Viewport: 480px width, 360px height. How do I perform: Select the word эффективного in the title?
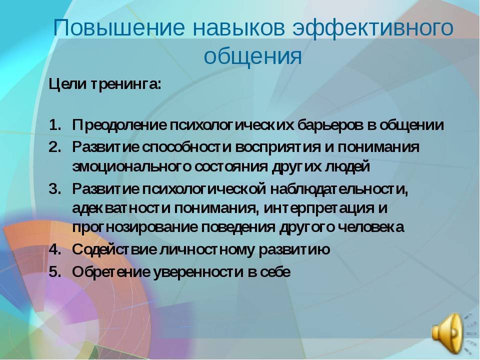pos(373,28)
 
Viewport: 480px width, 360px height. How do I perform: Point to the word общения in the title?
pos(253,56)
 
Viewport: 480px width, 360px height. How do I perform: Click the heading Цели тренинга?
pos(105,84)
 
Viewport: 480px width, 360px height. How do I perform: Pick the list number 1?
pos(55,125)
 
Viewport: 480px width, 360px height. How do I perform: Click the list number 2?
pos(55,147)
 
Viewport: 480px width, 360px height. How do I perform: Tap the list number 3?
pos(55,188)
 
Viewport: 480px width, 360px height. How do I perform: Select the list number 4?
pos(55,249)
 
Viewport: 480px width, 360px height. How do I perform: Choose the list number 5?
pos(55,272)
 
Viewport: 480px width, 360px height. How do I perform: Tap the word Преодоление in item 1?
pos(119,125)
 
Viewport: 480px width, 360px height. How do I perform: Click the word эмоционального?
pos(131,167)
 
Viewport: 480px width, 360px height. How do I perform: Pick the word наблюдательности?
pos(339,189)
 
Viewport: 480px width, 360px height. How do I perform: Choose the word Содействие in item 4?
pos(114,250)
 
